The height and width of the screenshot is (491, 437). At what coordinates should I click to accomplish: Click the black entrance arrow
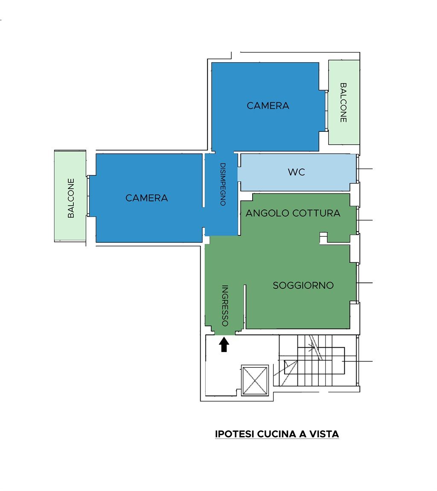(x=224, y=344)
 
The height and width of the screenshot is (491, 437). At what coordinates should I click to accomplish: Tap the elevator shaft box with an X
(x=255, y=381)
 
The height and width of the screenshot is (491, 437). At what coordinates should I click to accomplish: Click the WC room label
(x=296, y=172)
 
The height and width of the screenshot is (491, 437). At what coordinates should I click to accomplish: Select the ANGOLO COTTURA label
(x=293, y=213)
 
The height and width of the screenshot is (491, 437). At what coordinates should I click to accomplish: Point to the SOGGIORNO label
(x=303, y=285)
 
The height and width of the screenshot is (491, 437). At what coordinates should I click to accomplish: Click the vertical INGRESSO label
(x=225, y=305)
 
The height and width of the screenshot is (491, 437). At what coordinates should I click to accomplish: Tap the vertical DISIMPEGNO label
(x=223, y=184)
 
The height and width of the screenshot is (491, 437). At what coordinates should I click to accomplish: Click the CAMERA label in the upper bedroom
(x=268, y=105)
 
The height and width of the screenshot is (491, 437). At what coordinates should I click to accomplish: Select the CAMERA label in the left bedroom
(x=147, y=198)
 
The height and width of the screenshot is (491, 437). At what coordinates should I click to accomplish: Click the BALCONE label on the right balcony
(x=344, y=102)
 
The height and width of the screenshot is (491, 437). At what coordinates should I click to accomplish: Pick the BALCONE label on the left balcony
(x=71, y=198)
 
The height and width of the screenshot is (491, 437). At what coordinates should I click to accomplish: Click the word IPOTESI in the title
(x=235, y=434)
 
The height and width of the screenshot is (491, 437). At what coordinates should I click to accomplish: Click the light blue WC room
(x=297, y=172)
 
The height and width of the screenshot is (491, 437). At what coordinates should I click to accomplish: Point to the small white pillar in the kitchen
(x=323, y=238)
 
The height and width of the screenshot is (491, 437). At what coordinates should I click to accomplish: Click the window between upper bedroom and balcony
(x=326, y=111)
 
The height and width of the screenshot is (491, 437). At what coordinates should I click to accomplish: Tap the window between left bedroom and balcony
(x=88, y=196)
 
